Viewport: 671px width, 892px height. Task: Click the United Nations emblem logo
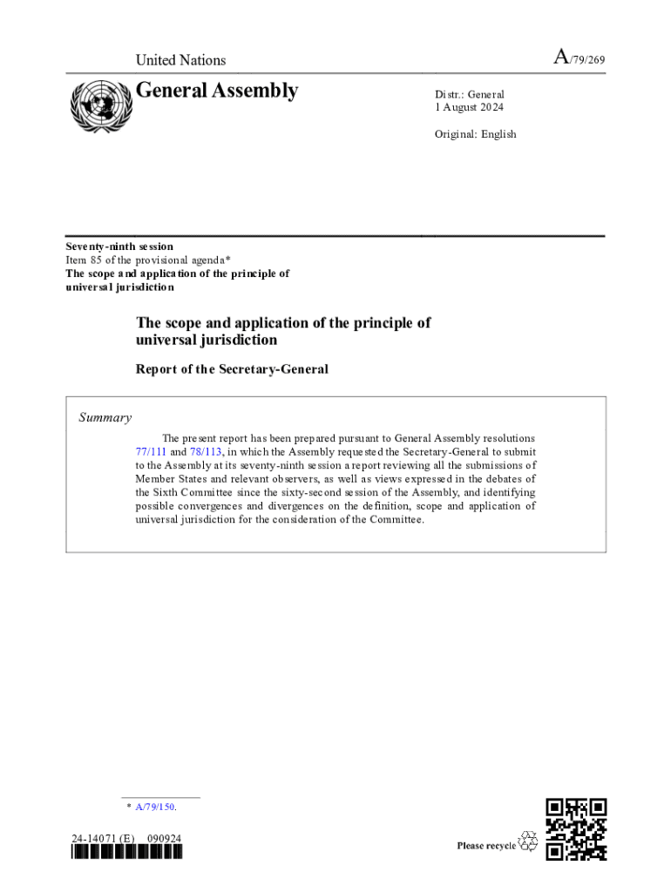click(98, 105)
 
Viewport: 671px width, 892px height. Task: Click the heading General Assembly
click(217, 91)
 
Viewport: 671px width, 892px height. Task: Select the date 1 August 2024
click(469, 107)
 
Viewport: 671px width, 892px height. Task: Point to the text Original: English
click(475, 134)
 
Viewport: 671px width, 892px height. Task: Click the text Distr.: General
click(470, 94)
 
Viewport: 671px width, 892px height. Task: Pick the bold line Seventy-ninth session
click(119, 247)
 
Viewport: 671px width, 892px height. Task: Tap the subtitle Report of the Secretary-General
click(232, 369)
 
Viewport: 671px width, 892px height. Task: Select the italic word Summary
click(105, 417)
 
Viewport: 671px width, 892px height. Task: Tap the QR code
click(576, 828)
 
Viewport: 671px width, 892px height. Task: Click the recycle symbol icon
click(528, 841)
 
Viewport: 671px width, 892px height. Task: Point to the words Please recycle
click(485, 846)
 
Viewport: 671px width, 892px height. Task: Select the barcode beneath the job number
click(127, 854)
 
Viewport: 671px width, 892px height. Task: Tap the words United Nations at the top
click(180, 60)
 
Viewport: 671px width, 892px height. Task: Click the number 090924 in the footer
click(165, 840)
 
